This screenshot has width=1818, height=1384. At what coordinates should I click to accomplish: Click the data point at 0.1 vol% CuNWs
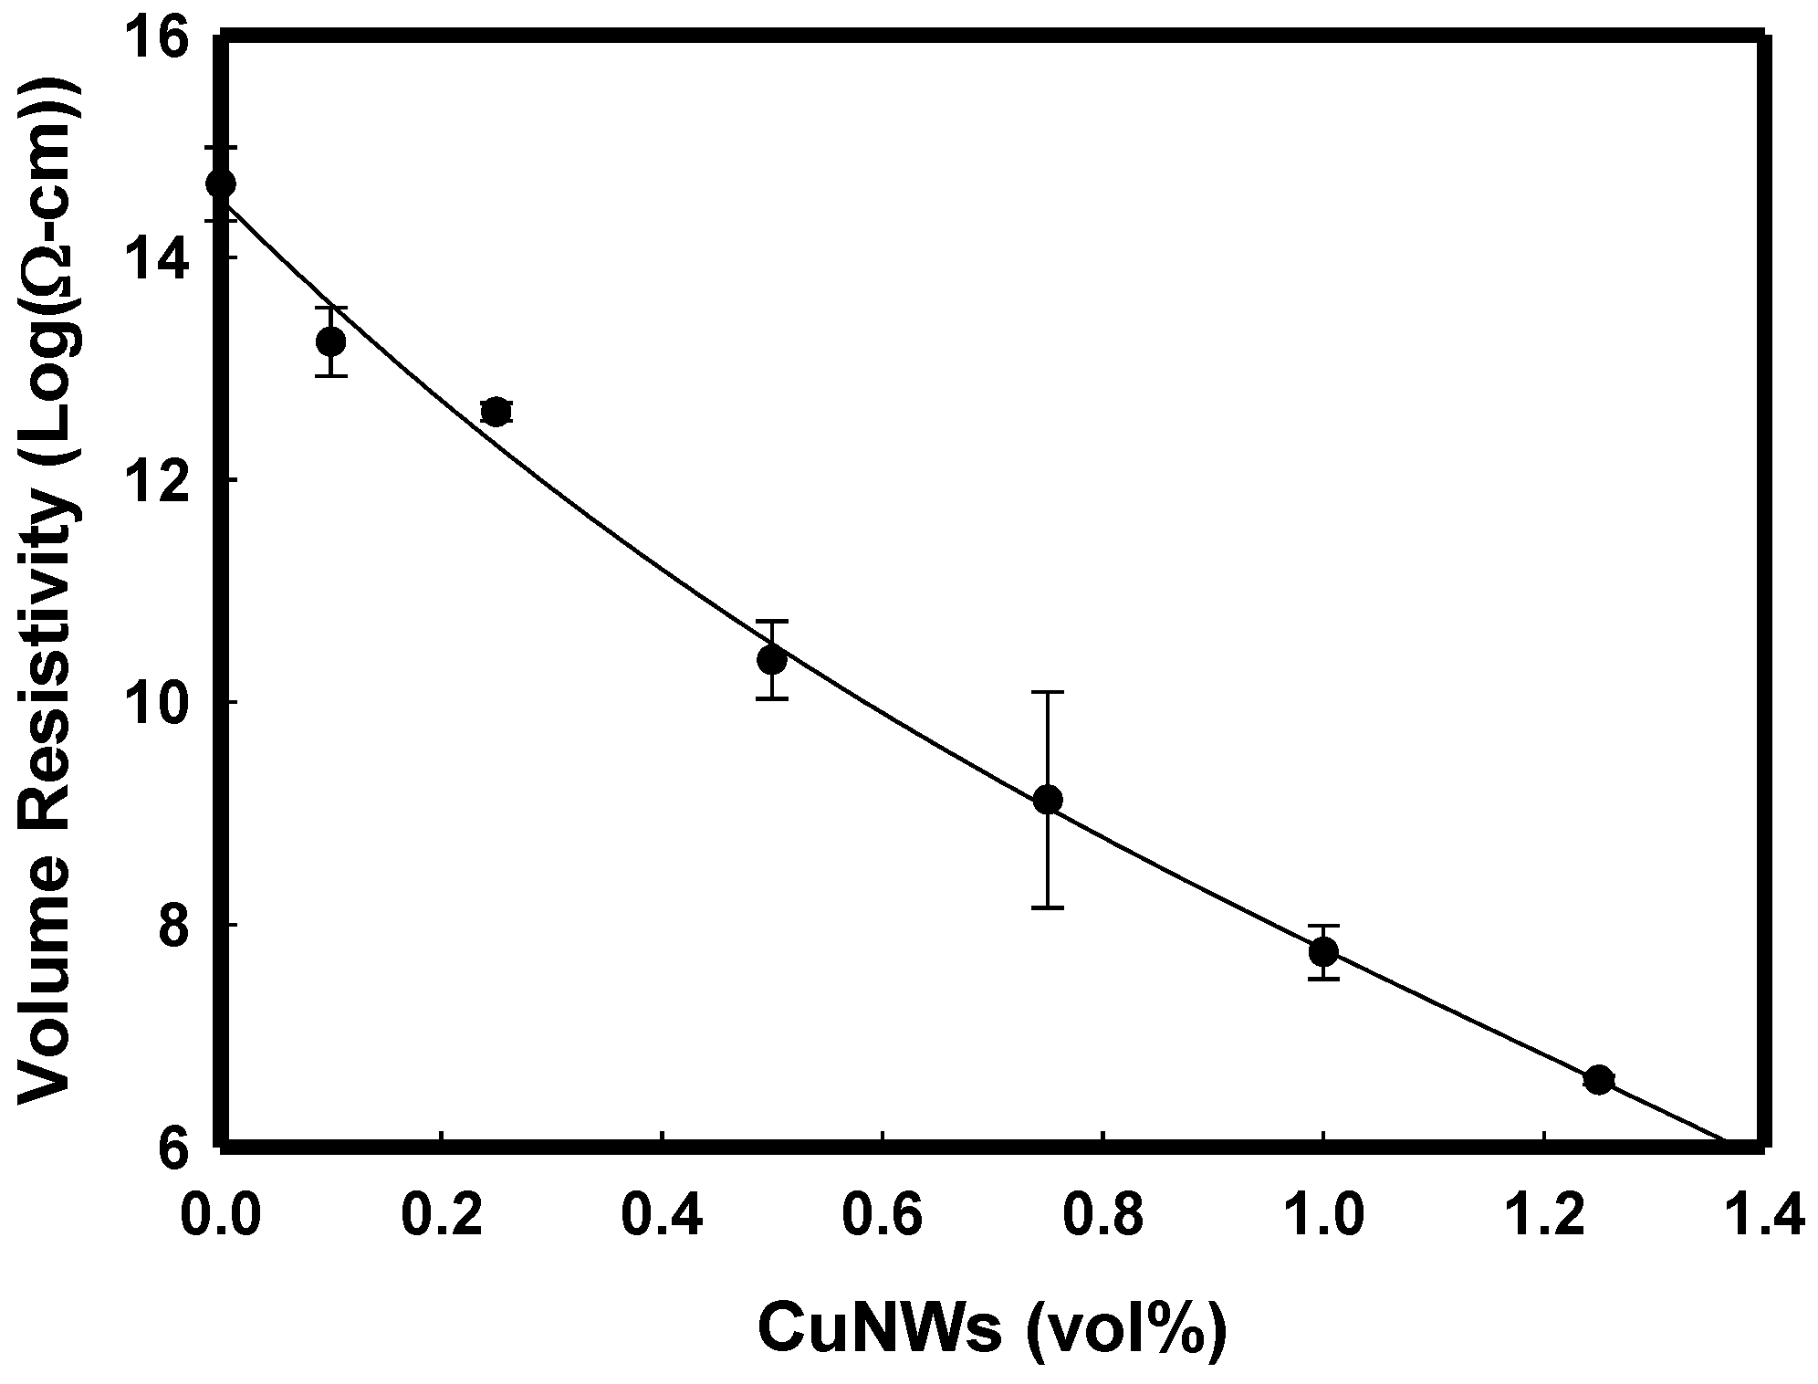[330, 341]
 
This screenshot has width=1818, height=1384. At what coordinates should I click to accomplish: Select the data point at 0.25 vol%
[496, 412]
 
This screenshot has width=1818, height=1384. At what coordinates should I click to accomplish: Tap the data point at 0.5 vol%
[772, 659]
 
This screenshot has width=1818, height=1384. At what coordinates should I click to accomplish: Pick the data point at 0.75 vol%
[1048, 800]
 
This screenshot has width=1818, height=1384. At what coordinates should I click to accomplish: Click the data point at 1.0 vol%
[1323, 952]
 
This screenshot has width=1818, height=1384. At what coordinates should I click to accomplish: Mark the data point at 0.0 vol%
[221, 183]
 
